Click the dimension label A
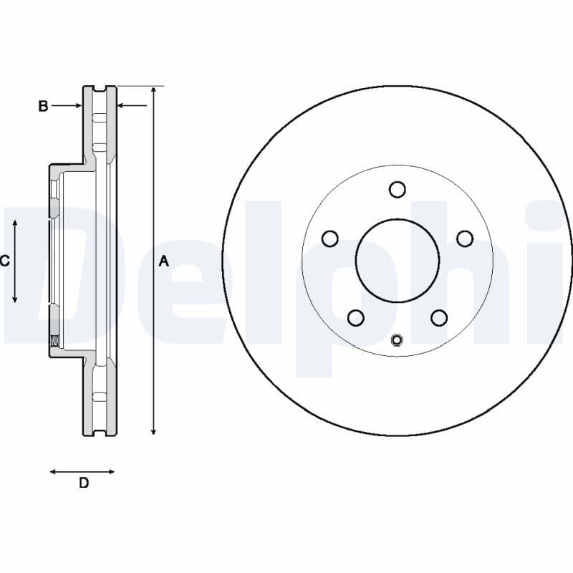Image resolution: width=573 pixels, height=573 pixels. (x=163, y=261)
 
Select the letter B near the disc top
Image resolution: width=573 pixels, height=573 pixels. (x=43, y=106)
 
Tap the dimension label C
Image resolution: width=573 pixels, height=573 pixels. (x=5, y=261)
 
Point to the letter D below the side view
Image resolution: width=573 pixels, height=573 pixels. (x=84, y=483)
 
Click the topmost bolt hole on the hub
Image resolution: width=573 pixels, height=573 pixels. (x=398, y=189)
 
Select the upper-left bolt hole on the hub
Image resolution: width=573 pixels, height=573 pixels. (x=330, y=239)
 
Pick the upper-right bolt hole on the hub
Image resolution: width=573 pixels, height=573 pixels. (x=465, y=239)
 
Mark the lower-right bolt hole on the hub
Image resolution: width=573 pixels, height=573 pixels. (x=439, y=317)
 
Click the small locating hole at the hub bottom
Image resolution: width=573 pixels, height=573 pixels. (x=398, y=340)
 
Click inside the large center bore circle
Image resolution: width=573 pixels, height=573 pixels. (x=398, y=260)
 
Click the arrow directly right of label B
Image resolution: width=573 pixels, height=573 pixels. (x=74, y=106)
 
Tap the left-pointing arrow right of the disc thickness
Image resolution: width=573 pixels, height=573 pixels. (x=123, y=106)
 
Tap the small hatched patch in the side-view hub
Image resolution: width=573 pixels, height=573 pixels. (x=54, y=340)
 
